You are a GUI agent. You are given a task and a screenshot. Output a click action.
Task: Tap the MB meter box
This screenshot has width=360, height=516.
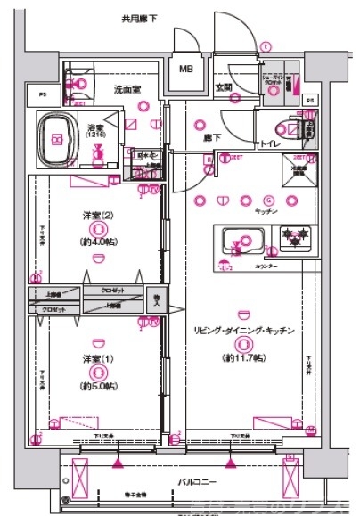coord(187,69)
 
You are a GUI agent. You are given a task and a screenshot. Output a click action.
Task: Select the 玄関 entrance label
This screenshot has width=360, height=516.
coord(224,88)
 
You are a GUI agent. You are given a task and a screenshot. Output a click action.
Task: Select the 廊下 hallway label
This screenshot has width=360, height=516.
coord(212,138)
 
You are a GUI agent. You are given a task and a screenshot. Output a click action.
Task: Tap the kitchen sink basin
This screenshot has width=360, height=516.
coord(242,240)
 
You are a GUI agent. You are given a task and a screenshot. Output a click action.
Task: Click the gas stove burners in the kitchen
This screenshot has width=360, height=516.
coord(293,237)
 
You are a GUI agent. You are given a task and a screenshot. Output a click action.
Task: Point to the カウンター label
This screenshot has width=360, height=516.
coord(266,266)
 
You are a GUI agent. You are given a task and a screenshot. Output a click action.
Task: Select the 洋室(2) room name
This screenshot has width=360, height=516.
coord(94,217)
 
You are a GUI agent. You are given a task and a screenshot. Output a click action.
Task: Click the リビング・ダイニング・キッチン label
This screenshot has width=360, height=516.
coord(242,331)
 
